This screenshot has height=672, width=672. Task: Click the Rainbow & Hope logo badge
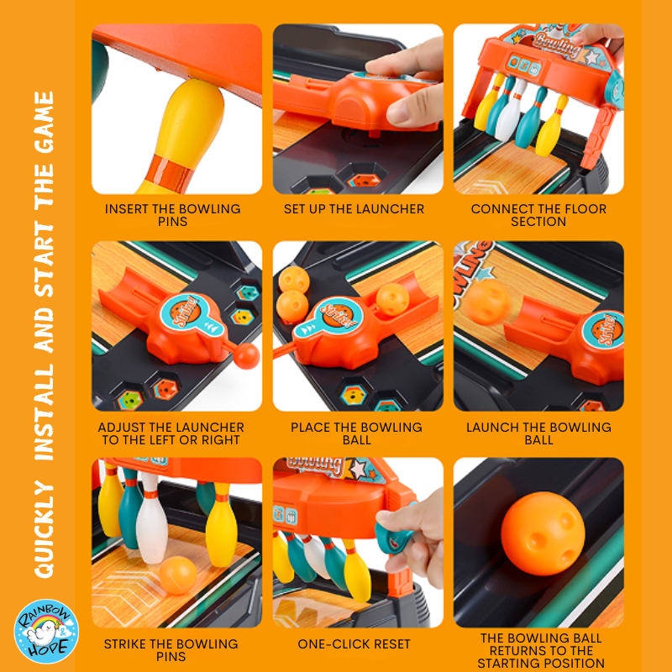[x=46, y=631]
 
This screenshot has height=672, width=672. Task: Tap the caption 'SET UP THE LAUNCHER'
[x=354, y=209]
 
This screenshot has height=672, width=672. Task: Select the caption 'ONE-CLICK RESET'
[x=354, y=644]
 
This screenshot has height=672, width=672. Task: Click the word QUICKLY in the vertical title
[x=45, y=529]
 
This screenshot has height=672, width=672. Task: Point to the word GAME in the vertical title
[x=45, y=123]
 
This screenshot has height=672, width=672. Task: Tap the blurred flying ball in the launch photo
[x=487, y=302]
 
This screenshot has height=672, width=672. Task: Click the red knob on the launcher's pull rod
[x=246, y=355]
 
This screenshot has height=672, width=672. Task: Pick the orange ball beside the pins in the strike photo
[x=178, y=575]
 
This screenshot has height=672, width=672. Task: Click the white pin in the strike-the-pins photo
[x=151, y=519]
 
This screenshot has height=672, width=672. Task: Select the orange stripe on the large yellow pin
[x=168, y=171]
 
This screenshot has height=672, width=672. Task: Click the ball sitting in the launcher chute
[x=392, y=300]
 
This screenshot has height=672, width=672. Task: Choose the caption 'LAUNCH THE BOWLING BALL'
[x=538, y=433]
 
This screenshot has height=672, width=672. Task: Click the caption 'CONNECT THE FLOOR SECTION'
[x=538, y=215]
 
